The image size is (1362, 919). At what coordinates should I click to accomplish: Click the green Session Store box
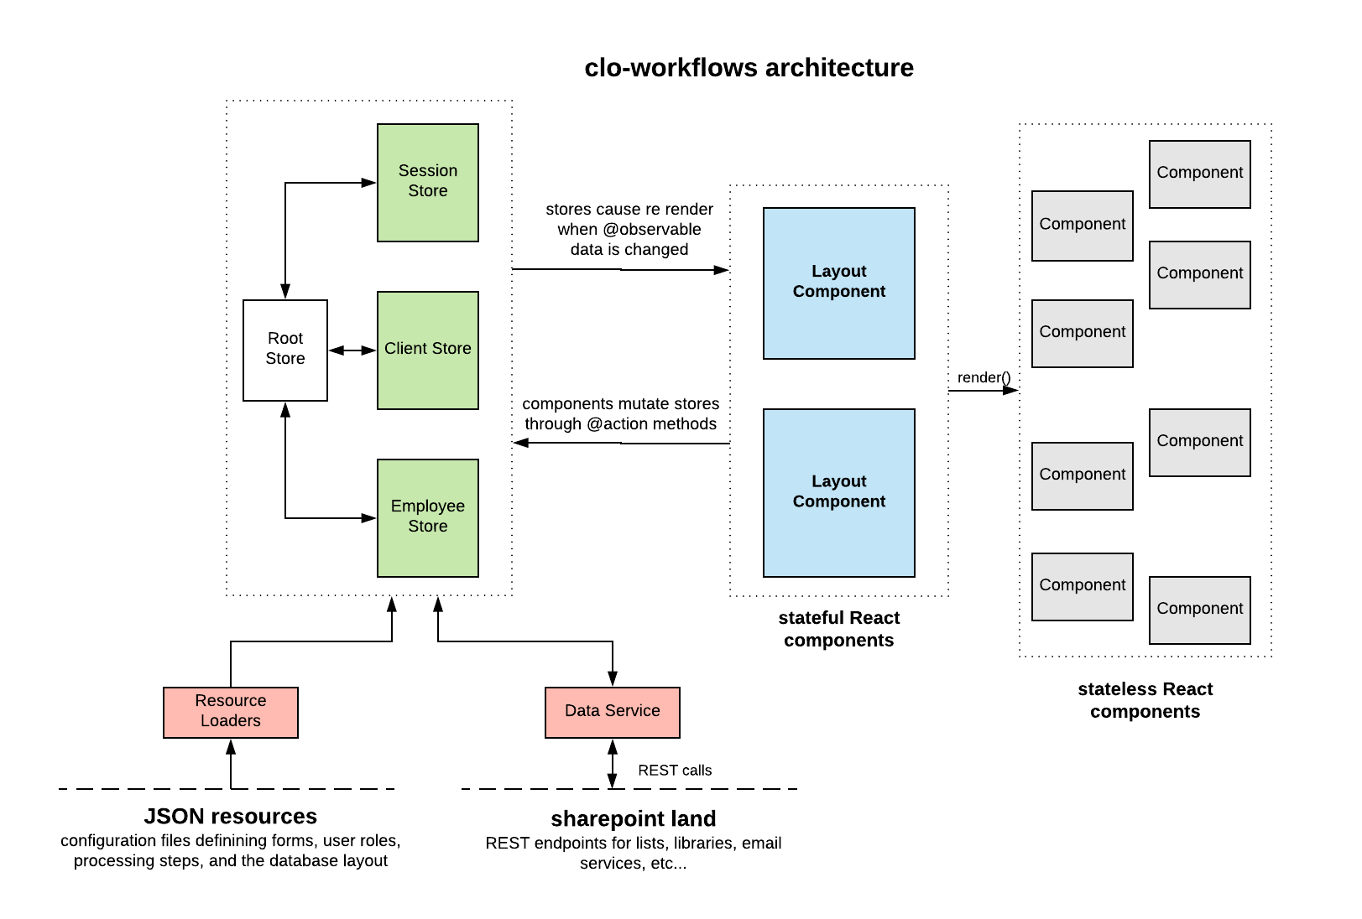pyautogui.click(x=427, y=182)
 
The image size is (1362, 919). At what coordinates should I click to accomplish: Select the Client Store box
pyautogui.click(x=427, y=350)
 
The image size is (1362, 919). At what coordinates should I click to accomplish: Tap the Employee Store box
pyautogui.click(x=427, y=517)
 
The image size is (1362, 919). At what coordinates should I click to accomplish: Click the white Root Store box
pyautogui.click(x=285, y=350)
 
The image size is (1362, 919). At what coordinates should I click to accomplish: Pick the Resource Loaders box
pyautogui.click(x=230, y=712)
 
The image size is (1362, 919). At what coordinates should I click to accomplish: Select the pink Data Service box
pyautogui.click(x=612, y=712)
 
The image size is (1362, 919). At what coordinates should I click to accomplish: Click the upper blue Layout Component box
pyautogui.click(x=838, y=283)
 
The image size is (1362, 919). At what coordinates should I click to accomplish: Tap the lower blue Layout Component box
pyautogui.click(x=838, y=492)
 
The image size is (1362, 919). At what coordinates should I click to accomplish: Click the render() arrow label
pyautogui.click(x=983, y=377)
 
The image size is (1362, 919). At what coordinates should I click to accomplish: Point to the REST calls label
pyautogui.click(x=674, y=770)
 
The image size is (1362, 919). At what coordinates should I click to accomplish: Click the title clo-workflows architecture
pyautogui.click(x=749, y=68)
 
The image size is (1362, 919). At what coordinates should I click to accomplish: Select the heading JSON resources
pyautogui.click(x=230, y=816)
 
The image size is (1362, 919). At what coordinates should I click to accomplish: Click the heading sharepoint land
pyautogui.click(x=633, y=818)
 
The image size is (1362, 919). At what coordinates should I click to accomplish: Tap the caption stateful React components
pyautogui.click(x=838, y=629)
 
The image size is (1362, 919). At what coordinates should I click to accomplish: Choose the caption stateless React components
pyautogui.click(x=1145, y=700)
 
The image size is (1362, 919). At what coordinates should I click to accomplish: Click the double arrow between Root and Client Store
pyautogui.click(x=352, y=350)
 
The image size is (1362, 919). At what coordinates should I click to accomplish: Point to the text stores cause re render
pyautogui.click(x=629, y=209)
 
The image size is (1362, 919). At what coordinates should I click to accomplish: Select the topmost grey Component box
pyautogui.click(x=1199, y=174)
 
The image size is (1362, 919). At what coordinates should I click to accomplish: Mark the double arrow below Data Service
pyautogui.click(x=612, y=763)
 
